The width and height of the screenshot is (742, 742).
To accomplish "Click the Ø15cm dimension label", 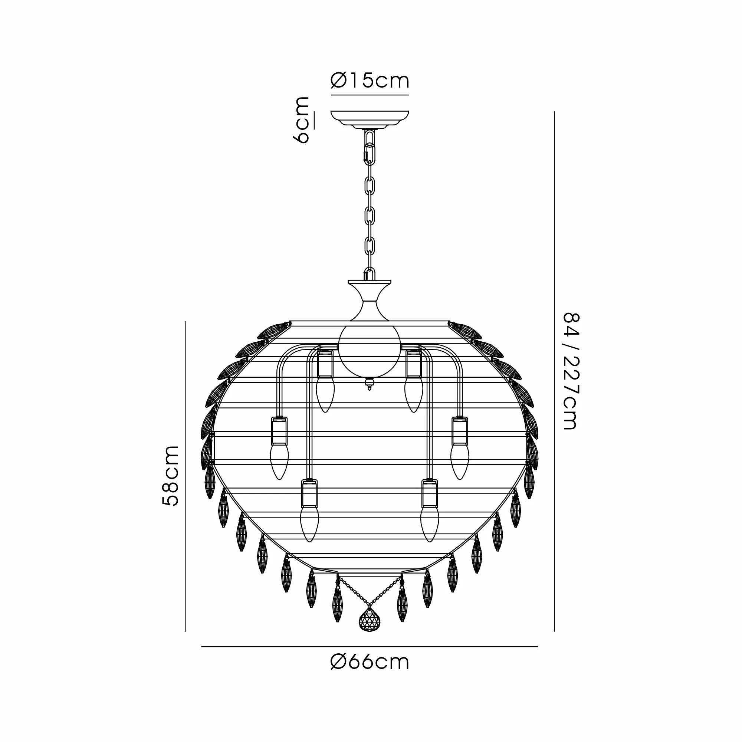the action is tap(370, 81).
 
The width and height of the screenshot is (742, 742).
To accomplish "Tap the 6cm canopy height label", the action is tap(303, 120).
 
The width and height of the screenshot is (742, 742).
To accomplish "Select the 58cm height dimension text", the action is tap(170, 476).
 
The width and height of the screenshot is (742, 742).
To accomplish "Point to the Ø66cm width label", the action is tap(370, 662).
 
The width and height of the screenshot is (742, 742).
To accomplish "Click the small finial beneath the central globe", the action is tap(370, 384).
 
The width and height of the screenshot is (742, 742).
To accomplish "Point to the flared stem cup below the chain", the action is tap(370, 301).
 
